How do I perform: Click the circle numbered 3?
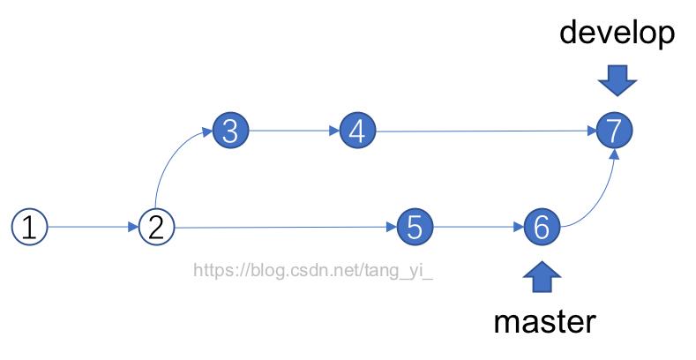pos(230,131)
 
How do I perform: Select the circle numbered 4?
pos(357,131)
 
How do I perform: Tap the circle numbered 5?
pos(415,228)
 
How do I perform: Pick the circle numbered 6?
pos(542,228)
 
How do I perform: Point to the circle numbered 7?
pos(615,131)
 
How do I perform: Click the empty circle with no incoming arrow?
pos(29,227)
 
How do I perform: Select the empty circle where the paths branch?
pos(156,227)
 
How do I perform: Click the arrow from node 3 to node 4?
pos(294,131)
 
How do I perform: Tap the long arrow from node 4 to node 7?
pos(485,131)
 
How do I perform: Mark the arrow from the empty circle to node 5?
pos(282,228)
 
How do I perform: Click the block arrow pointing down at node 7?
pos(617,80)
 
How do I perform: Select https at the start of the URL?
pos(213,270)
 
